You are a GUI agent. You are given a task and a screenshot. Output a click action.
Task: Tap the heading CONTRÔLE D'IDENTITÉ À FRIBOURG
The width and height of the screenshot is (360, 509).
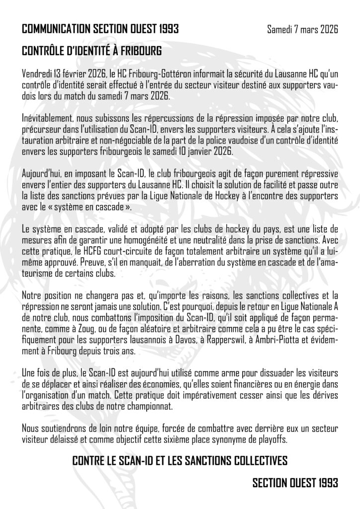92,51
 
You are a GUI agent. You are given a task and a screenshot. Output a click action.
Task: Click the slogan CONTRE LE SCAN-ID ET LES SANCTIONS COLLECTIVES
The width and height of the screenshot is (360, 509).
180,462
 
